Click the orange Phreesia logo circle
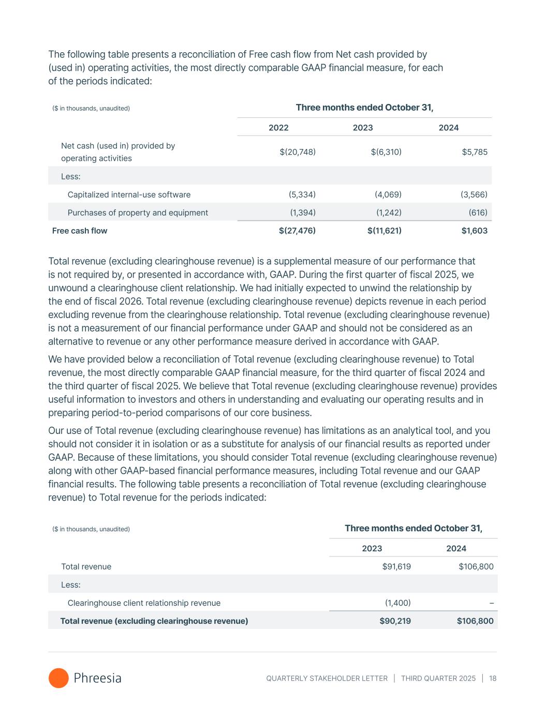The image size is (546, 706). click(58, 678)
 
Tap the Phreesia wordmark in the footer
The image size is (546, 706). click(97, 678)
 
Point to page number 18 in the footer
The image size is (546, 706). click(492, 678)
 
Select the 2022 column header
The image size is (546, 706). click(278, 128)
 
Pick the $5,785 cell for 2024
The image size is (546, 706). click(475, 152)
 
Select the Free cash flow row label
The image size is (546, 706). click(80, 231)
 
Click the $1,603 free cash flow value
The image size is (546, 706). click(474, 231)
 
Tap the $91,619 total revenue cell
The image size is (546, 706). click(396, 566)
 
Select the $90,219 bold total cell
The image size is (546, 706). click(395, 621)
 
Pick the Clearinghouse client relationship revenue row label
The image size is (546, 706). click(144, 603)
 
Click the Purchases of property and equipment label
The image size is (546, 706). click(138, 213)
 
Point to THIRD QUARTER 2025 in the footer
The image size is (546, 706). click(438, 678)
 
